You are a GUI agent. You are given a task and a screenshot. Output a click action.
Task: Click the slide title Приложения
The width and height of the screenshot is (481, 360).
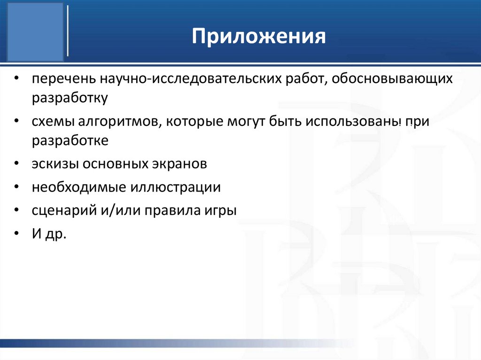[259, 37]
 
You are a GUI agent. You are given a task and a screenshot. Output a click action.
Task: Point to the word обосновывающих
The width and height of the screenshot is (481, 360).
[392, 79]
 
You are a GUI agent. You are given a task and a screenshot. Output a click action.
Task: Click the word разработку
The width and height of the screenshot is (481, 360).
[70, 99]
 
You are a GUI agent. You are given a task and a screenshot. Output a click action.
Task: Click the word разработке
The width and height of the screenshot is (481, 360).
[70, 141]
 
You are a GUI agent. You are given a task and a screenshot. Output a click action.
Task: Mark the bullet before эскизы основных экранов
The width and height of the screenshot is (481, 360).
[17, 164]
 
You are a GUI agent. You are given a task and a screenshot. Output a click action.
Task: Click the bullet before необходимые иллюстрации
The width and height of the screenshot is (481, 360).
[17, 187]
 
